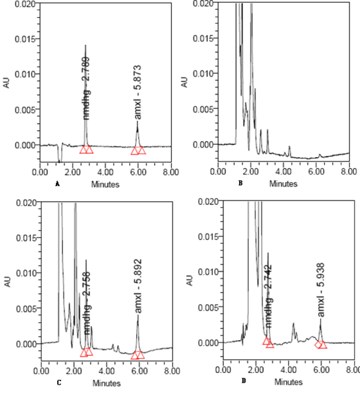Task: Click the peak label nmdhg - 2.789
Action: point(86,88)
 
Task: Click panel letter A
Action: point(57,183)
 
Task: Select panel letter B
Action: point(241,183)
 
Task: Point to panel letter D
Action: point(244,381)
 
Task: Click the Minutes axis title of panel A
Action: point(106,184)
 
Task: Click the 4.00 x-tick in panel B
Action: point(283,172)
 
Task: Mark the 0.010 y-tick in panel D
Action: point(209,272)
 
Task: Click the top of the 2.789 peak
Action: point(85,45)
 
